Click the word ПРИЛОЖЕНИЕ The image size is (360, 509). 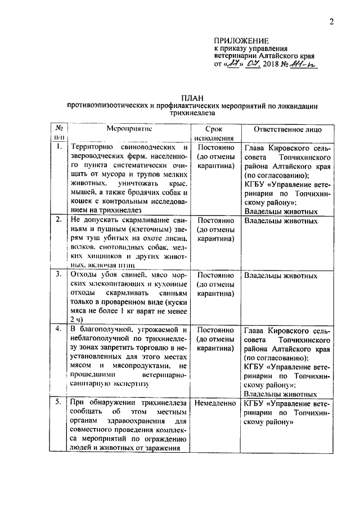pyautogui.click(x=241, y=40)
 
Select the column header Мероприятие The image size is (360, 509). pyautogui.click(x=130, y=128)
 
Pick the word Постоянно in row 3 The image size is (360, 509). pyautogui.click(x=217, y=276)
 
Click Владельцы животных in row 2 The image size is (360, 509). pyautogui.click(x=281, y=220)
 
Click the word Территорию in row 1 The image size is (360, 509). pyautogui.click(x=93, y=147)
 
